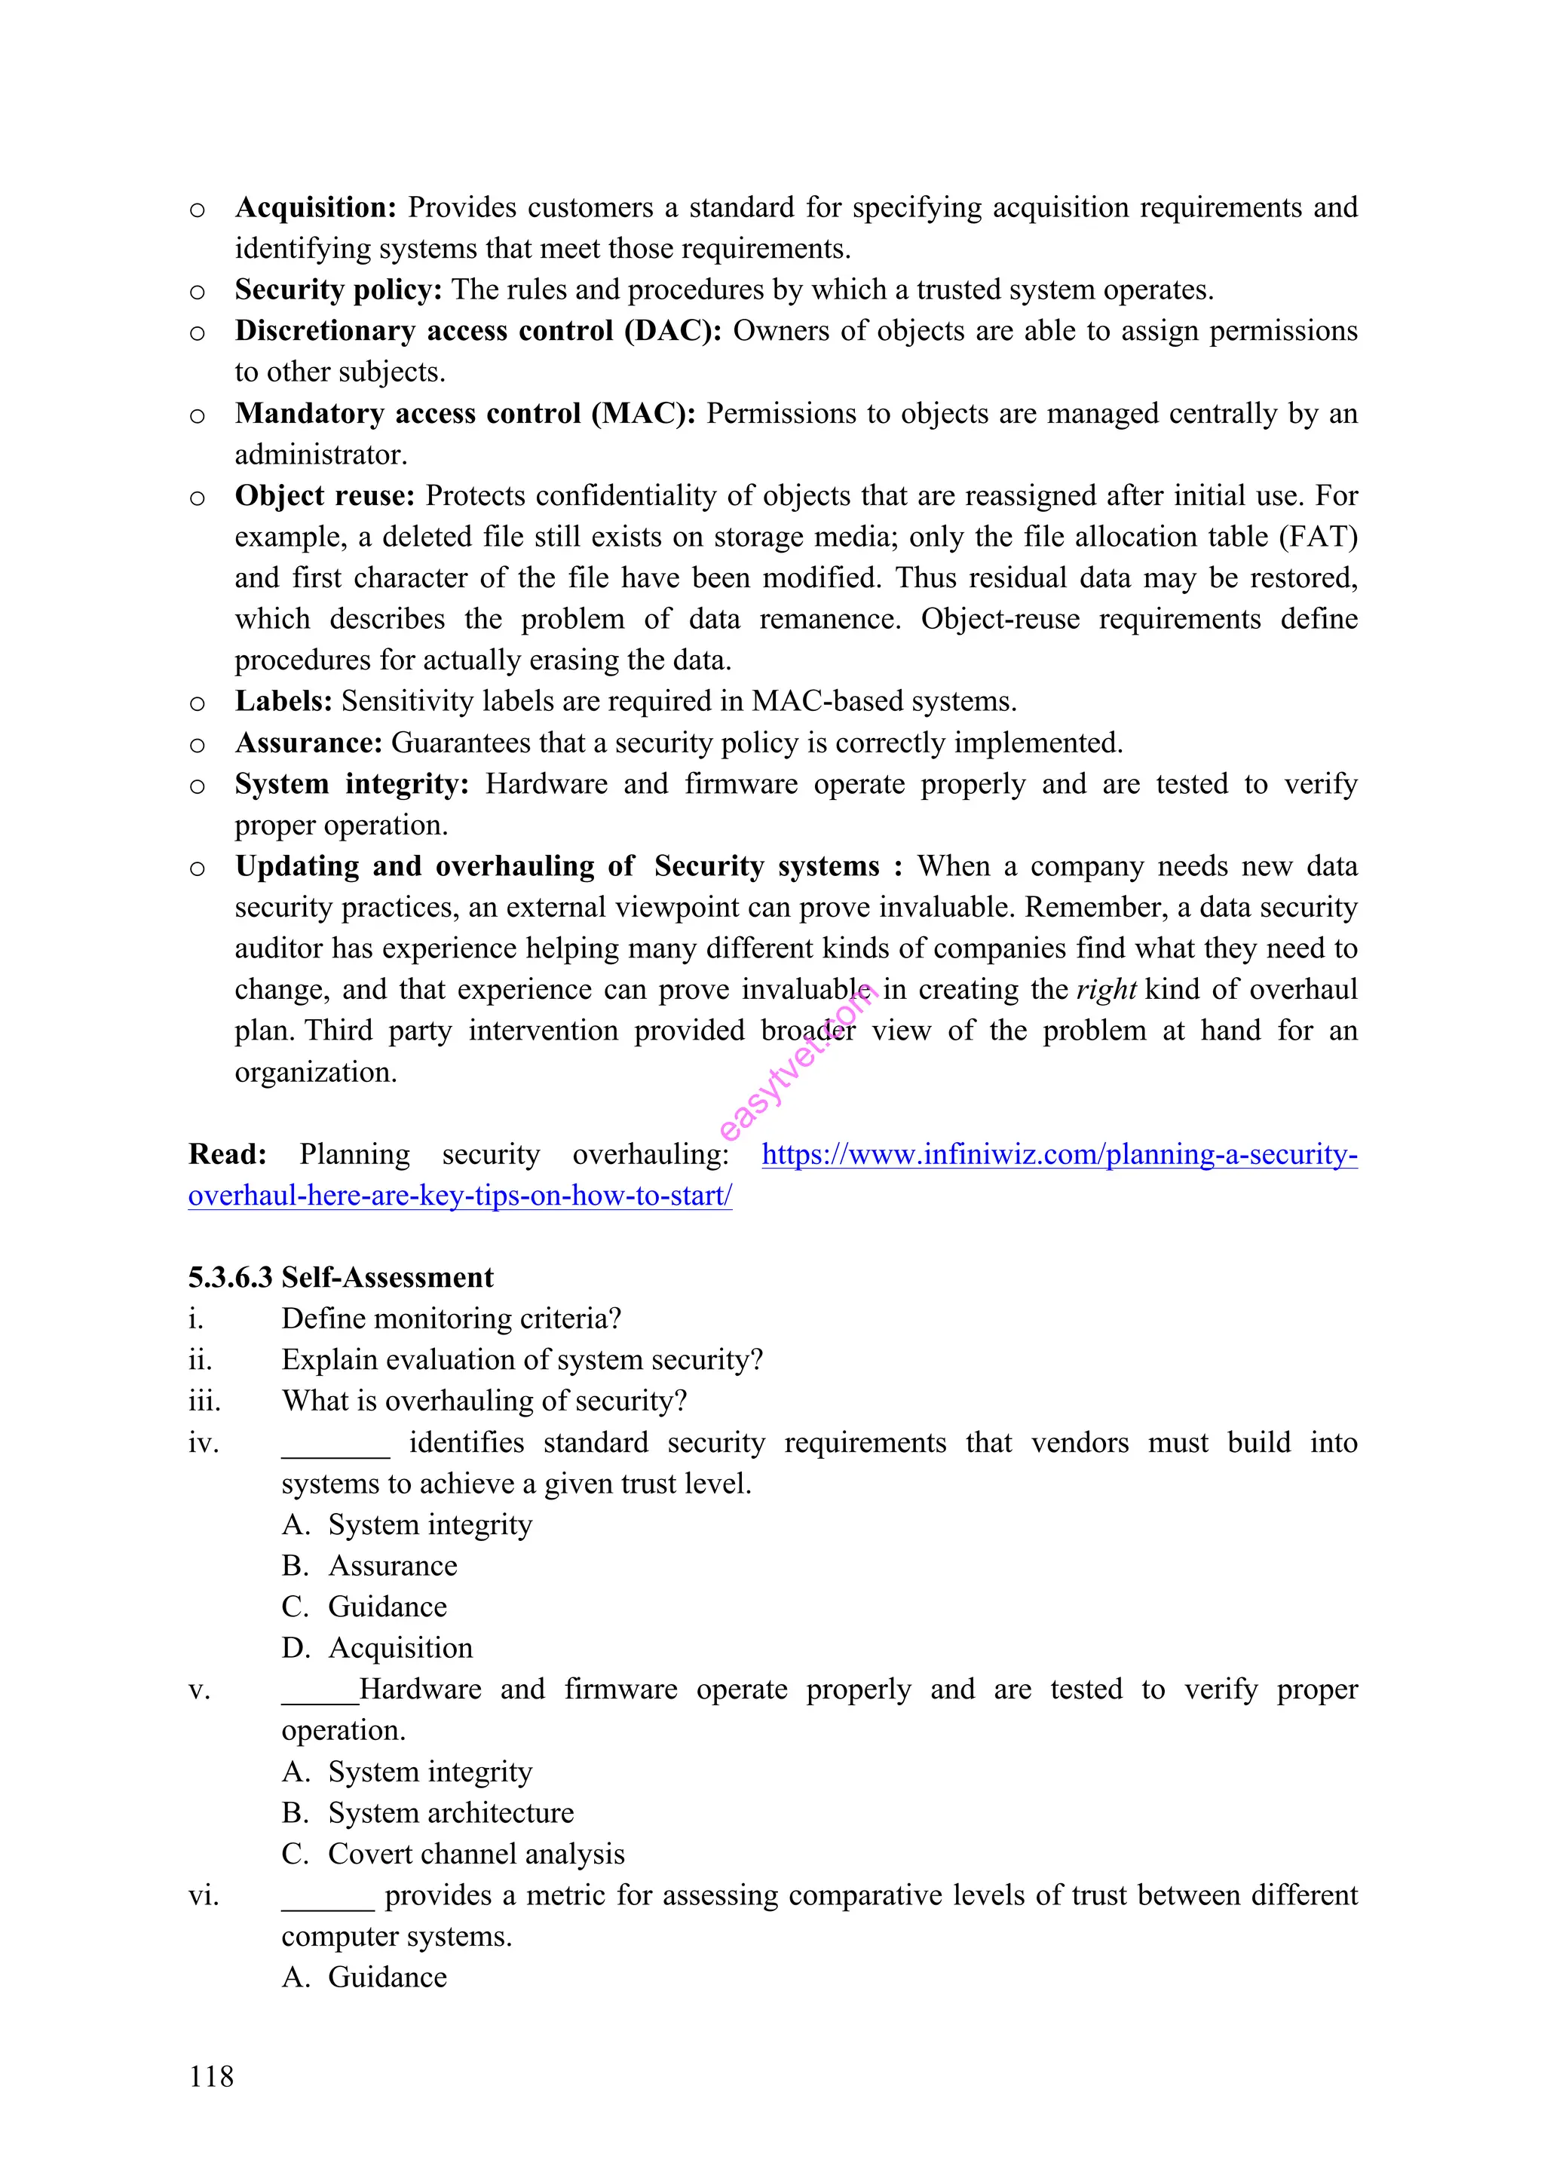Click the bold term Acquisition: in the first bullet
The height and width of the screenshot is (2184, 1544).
pos(315,207)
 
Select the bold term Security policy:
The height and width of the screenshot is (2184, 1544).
pos(338,289)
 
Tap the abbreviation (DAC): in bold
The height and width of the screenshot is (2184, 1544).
pos(672,331)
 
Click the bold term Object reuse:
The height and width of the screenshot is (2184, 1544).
pos(324,495)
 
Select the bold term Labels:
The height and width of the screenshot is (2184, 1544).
pos(283,701)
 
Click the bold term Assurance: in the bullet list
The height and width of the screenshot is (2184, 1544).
pos(308,743)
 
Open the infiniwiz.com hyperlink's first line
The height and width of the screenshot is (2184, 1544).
pos(1058,1155)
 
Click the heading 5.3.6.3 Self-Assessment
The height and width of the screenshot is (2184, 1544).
pos(341,1278)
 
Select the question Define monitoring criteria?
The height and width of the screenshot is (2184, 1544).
pos(451,1319)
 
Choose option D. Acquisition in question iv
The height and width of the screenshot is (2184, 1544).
pos(378,1647)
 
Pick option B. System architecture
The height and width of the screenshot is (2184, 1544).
pos(428,1812)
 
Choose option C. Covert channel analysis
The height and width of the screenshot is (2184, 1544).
pos(453,1854)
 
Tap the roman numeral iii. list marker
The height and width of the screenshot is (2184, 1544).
pos(204,1401)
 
